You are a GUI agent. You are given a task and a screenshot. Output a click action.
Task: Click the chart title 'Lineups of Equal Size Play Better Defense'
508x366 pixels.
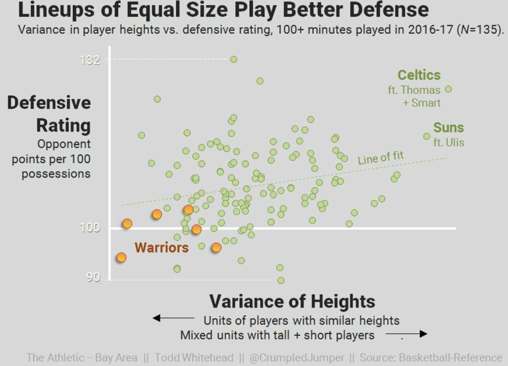click(223, 10)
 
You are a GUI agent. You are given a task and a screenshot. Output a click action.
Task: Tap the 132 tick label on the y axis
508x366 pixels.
click(90, 60)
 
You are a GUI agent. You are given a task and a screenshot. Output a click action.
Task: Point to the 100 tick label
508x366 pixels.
click(90, 228)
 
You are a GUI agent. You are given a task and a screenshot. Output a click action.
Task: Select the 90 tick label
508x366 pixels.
click(94, 277)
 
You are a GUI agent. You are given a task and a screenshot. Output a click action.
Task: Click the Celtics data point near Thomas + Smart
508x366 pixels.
click(448, 89)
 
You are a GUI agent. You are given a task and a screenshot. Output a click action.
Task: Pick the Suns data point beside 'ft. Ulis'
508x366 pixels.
click(427, 136)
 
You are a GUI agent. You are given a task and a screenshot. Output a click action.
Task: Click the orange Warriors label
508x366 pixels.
click(162, 247)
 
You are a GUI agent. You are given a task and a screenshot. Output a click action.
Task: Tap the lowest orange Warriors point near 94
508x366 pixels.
click(122, 257)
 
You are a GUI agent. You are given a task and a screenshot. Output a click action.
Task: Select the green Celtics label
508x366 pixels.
click(419, 75)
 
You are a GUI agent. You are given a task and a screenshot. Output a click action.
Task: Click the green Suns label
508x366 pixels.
click(449, 127)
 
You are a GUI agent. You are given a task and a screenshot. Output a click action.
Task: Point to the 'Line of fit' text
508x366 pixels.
click(381, 158)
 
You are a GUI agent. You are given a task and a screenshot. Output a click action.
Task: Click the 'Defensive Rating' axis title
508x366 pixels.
click(49, 114)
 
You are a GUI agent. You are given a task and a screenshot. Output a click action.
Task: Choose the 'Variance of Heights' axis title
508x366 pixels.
click(292, 301)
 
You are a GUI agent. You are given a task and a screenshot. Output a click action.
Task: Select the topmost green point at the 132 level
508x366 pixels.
click(234, 59)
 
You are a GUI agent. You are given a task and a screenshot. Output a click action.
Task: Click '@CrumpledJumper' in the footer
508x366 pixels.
click(297, 358)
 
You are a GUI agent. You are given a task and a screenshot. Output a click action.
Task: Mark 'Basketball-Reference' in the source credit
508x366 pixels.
click(450, 358)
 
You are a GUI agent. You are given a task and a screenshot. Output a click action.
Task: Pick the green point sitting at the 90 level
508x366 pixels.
click(281, 280)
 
